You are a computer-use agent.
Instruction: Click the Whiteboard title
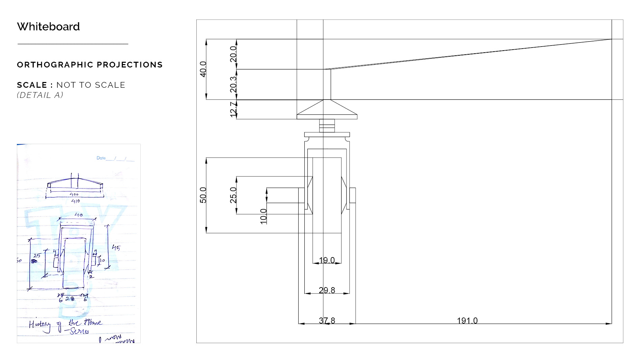click(48, 27)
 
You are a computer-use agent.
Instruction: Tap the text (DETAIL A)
click(40, 95)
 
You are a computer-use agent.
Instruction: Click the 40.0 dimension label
click(203, 69)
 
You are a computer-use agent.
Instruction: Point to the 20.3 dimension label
click(233, 84)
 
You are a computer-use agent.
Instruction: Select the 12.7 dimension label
click(233, 109)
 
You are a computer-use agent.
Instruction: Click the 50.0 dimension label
click(203, 195)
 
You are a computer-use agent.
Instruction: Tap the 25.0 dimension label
click(233, 195)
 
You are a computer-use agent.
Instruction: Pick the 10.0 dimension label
click(263, 216)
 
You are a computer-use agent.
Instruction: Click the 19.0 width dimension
click(327, 260)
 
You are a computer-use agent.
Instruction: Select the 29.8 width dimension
click(327, 290)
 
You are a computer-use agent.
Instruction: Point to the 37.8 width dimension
click(327, 321)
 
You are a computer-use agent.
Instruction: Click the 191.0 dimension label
click(467, 321)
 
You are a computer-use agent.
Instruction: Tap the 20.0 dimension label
click(233, 54)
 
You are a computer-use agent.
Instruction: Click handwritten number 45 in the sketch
click(116, 248)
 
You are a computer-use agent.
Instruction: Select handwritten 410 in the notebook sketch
click(75, 201)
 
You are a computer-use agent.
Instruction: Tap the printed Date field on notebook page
click(101, 158)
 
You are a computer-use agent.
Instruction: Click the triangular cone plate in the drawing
click(327, 110)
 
